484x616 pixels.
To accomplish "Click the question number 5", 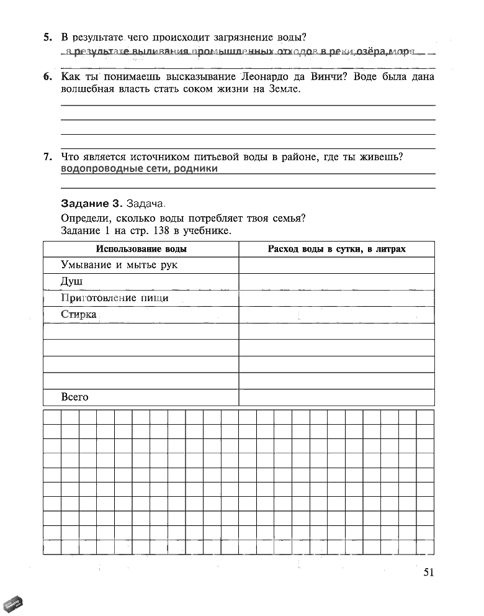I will point(48,38).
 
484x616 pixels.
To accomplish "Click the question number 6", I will point(48,77).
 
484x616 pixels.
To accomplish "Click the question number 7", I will point(48,157).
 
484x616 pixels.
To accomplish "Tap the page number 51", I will point(428,573).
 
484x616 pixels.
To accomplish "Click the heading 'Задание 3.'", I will point(92,204).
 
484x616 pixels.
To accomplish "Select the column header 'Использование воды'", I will point(141,249).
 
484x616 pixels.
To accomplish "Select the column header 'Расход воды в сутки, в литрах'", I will point(336,249).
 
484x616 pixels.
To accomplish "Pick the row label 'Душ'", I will point(71,281).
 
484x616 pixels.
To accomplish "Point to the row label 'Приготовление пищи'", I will point(115,298).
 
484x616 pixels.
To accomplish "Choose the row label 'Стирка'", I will point(79,314).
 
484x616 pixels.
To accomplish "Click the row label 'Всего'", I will point(75,397).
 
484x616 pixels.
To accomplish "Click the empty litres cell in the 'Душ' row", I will point(336,282).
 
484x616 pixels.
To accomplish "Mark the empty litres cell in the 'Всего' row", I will point(336,397).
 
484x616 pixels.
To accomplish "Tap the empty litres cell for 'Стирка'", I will point(336,315).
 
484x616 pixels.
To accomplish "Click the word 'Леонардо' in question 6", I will point(262,77).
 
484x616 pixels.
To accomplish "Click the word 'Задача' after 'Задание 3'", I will point(146,204).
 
